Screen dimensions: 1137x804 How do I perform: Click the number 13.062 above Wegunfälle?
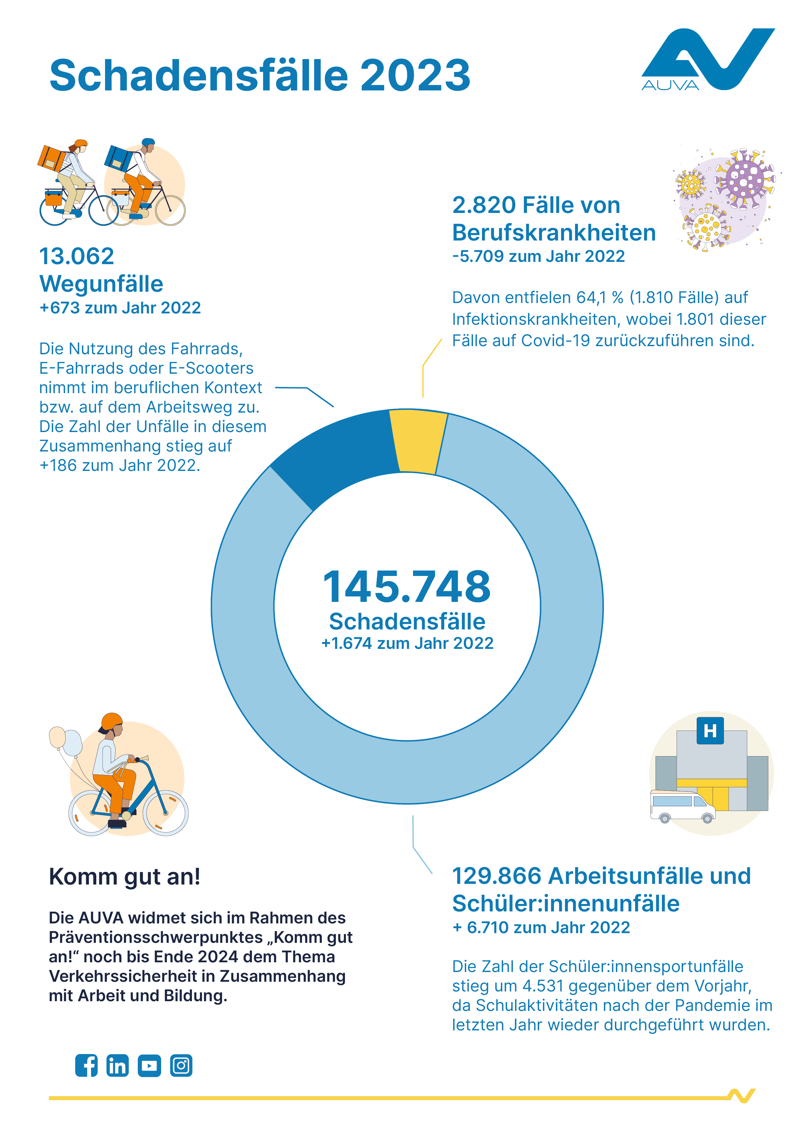pyautogui.click(x=77, y=256)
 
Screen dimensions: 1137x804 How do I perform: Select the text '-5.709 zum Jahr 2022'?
pyautogui.click(x=538, y=256)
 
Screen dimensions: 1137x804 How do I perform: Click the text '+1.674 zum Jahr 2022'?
pyautogui.click(x=407, y=643)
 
